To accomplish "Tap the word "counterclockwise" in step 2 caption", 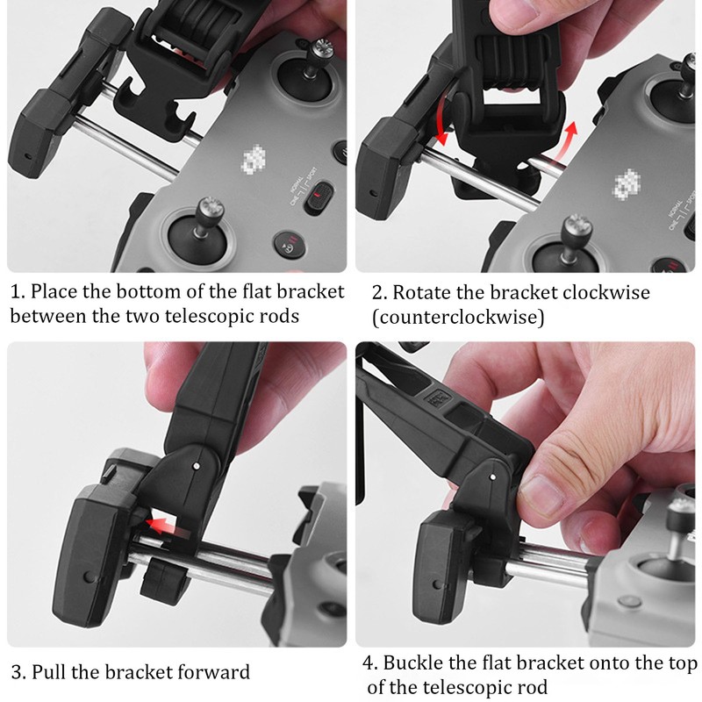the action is click(458, 318).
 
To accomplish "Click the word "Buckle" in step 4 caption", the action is click(412, 663).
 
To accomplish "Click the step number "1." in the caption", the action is click(18, 292).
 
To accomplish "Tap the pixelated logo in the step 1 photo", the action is click(254, 159).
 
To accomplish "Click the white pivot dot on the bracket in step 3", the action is click(196, 467).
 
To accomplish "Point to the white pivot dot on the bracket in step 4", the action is click(492, 476).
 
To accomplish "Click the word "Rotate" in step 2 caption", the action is click(422, 293).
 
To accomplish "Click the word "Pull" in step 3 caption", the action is click(49, 672).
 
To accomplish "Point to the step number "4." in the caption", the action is click(370, 663).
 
